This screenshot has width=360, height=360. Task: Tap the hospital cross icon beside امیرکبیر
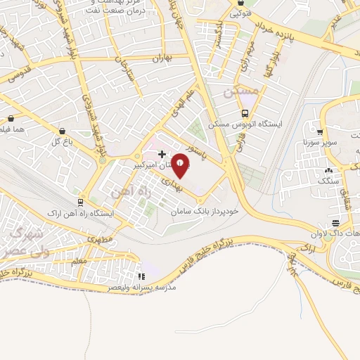[x=162, y=154]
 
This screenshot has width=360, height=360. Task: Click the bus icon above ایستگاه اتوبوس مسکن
[x=245, y=113]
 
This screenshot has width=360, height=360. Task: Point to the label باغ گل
[x=63, y=141]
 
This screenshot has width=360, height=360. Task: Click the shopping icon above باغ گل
[x=63, y=130]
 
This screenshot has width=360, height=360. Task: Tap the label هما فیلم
[x=13, y=129]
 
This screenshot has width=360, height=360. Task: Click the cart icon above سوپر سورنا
[x=320, y=131]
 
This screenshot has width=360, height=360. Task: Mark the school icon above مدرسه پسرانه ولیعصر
[x=141, y=277]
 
